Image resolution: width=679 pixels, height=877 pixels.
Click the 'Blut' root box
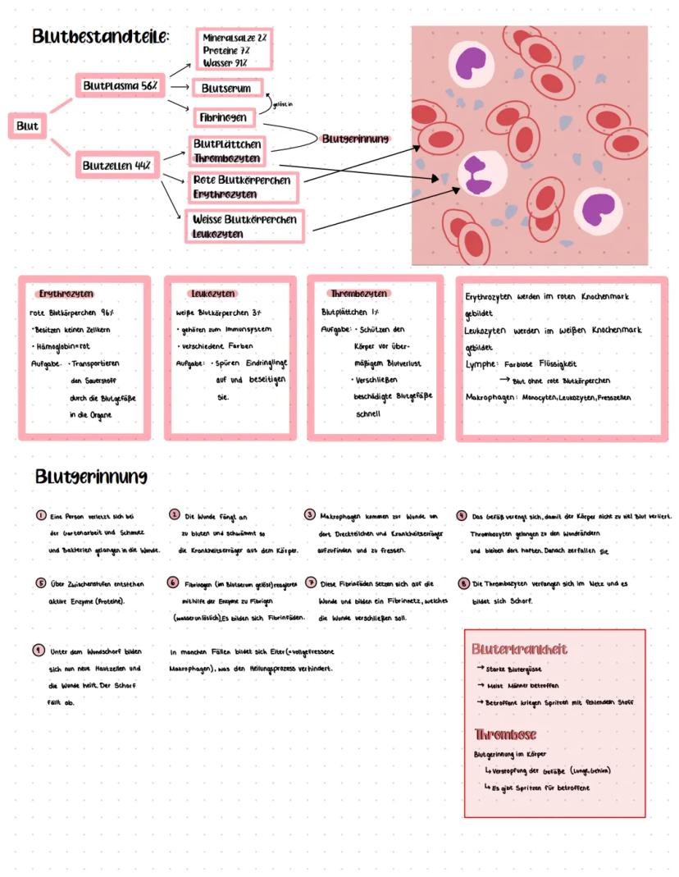tap(27, 126)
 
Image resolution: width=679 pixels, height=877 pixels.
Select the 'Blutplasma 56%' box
tap(121, 85)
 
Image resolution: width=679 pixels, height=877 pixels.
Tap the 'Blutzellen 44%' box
tap(118, 165)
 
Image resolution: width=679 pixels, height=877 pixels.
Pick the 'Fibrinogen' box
tap(223, 117)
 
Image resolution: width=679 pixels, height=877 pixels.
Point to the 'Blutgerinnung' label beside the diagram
tap(355, 139)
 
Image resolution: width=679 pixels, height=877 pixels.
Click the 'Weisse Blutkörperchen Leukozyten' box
tap(244, 226)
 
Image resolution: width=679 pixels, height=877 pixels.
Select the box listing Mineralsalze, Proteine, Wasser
tap(235, 50)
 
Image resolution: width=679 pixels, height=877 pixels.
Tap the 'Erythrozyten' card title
tap(66, 294)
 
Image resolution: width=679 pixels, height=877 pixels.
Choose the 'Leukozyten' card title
tap(212, 294)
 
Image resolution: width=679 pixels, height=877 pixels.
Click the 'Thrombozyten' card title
tap(358, 294)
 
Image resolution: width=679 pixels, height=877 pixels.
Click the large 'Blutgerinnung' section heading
tap(91, 477)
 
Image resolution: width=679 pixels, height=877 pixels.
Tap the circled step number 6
tap(173, 582)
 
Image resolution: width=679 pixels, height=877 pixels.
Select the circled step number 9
tap(38, 649)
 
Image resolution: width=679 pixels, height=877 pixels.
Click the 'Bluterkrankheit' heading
tap(519, 649)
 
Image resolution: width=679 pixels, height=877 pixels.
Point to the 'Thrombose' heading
tap(505, 734)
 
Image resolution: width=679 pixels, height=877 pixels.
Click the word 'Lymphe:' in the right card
tap(481, 364)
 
